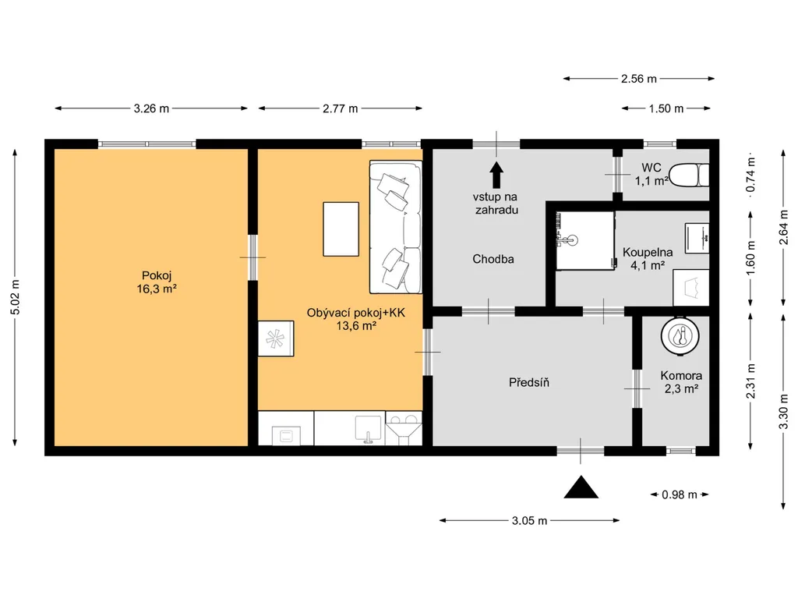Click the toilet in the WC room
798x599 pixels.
pyautogui.click(x=689, y=175)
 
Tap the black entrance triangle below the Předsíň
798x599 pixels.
pyautogui.click(x=581, y=487)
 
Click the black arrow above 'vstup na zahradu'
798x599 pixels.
pyautogui.click(x=496, y=175)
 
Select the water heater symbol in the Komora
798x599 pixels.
pyautogui.click(x=680, y=335)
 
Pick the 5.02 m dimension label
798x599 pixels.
pyautogui.click(x=16, y=297)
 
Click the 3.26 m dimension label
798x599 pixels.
pyautogui.click(x=151, y=108)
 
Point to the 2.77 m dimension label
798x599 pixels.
pyautogui.click(x=340, y=108)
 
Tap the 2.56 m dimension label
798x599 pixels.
pyautogui.click(x=639, y=79)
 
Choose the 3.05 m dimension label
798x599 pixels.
pyautogui.click(x=529, y=520)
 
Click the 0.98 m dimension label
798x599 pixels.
pyautogui.click(x=680, y=494)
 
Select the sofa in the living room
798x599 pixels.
pyautogui.click(x=395, y=227)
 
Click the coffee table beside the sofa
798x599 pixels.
pyautogui.click(x=341, y=229)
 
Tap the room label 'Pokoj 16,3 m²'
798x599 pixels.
pyautogui.click(x=156, y=282)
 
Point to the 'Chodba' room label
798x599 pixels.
pyautogui.click(x=493, y=259)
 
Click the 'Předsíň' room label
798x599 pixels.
pyautogui.click(x=529, y=382)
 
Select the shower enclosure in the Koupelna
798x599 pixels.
pyautogui.click(x=585, y=241)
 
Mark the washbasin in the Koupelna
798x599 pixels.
pyautogui.click(x=697, y=238)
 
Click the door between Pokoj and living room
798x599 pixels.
pyautogui.click(x=252, y=257)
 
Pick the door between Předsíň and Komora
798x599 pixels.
pyautogui.click(x=637, y=388)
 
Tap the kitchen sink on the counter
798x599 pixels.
pyautogui.click(x=368, y=428)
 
